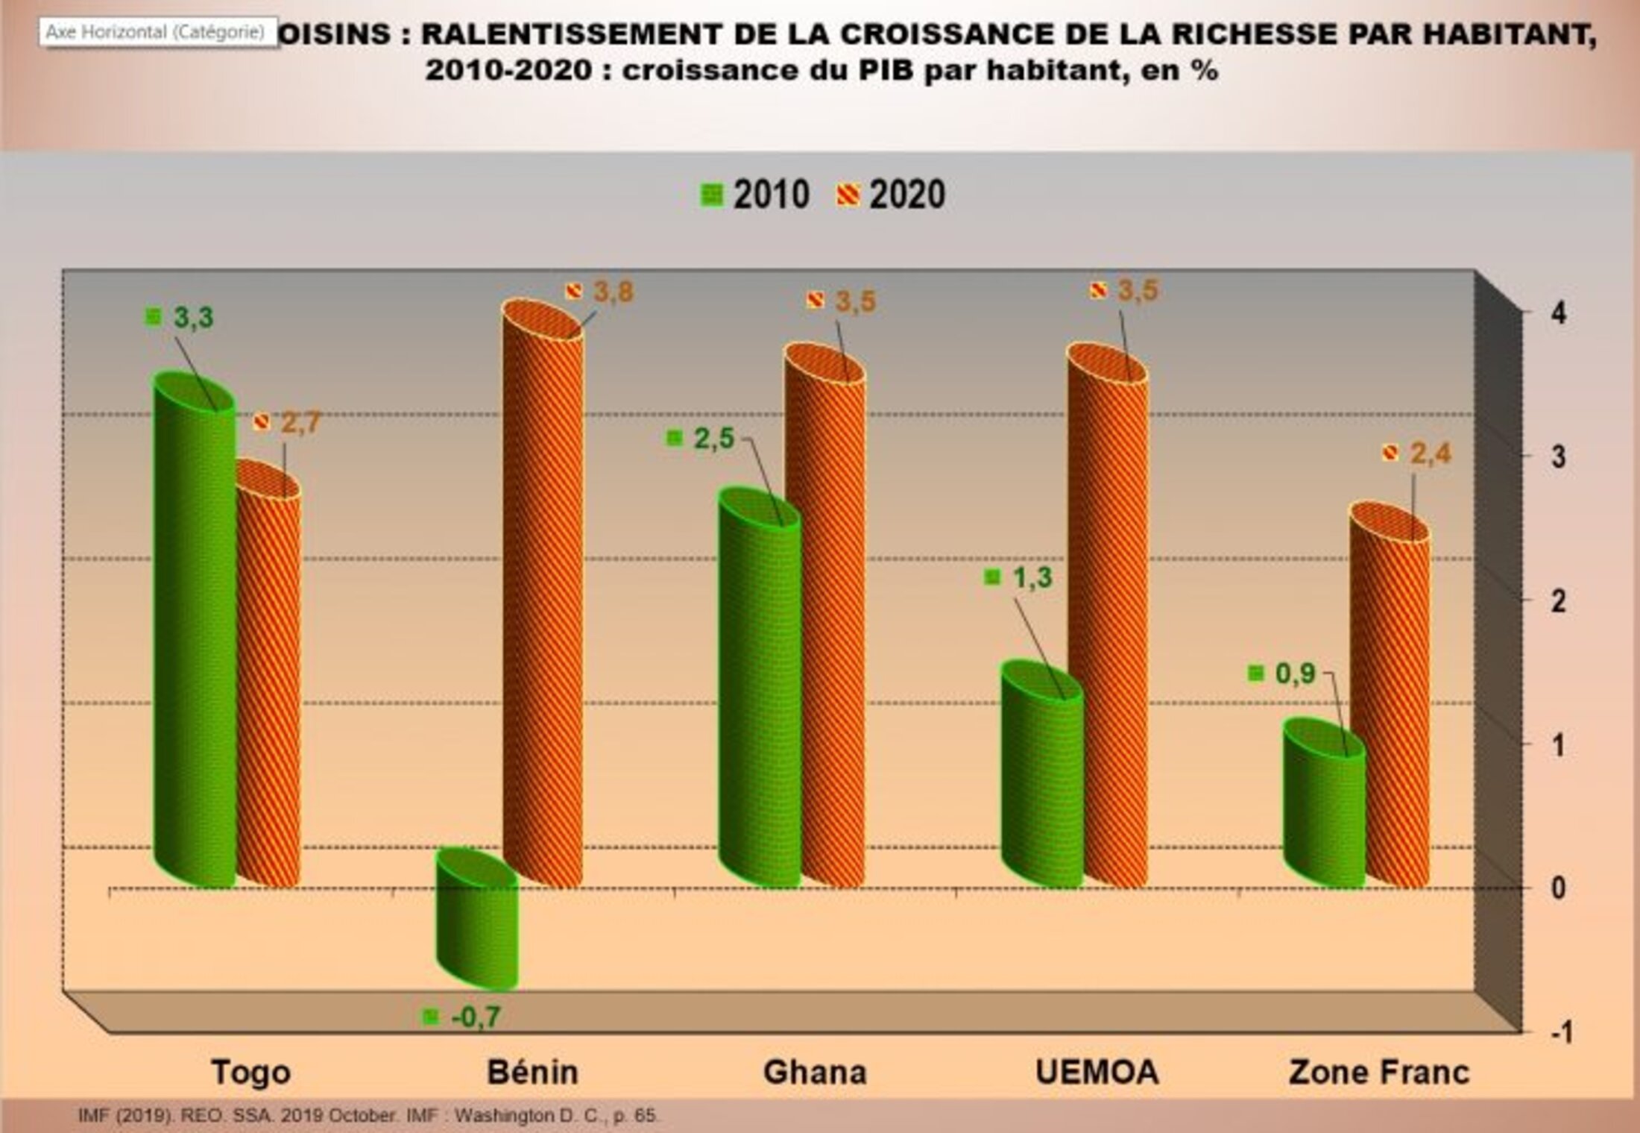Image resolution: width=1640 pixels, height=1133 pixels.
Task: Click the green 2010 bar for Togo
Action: [x=194, y=634]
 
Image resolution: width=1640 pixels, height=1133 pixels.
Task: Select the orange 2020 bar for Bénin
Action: [x=543, y=597]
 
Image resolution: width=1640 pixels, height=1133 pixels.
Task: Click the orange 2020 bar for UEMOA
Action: [x=1108, y=619]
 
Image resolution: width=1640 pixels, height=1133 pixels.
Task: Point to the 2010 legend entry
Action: [x=755, y=195]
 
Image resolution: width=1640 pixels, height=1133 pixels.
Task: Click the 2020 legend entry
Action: [x=892, y=195]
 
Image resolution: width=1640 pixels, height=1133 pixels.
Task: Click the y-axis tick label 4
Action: [x=1558, y=314]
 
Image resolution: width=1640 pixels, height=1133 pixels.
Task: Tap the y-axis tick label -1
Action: [x=1561, y=1032]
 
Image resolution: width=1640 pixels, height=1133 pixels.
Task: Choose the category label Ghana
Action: [x=815, y=1073]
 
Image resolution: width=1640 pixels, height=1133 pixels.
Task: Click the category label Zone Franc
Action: [x=1378, y=1073]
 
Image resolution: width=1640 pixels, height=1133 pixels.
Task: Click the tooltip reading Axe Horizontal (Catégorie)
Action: [x=155, y=33]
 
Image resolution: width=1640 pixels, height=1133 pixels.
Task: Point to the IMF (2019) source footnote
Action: [x=368, y=1116]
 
